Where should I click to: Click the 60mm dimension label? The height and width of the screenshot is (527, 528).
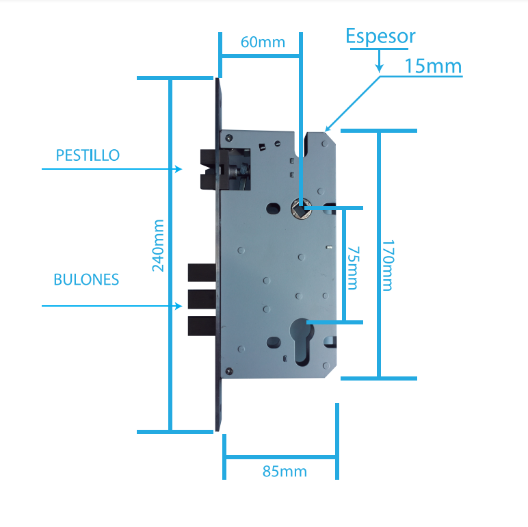coord(263,42)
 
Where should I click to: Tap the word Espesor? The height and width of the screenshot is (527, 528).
coord(380,36)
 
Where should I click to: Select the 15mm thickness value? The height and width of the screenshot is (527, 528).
coord(433,66)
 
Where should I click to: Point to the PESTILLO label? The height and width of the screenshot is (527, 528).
coord(88,155)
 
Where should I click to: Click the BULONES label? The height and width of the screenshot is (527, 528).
coord(86,279)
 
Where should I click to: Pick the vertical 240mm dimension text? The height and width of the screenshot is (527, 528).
coord(158,245)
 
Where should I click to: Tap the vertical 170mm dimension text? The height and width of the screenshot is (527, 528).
coord(388,265)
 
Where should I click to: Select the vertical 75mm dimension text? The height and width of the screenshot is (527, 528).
coord(352,268)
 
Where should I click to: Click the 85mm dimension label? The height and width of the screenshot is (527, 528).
coord(285,472)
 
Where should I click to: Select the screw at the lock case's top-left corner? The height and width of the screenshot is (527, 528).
coord(228,138)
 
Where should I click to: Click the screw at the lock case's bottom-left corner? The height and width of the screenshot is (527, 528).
coord(228,371)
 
